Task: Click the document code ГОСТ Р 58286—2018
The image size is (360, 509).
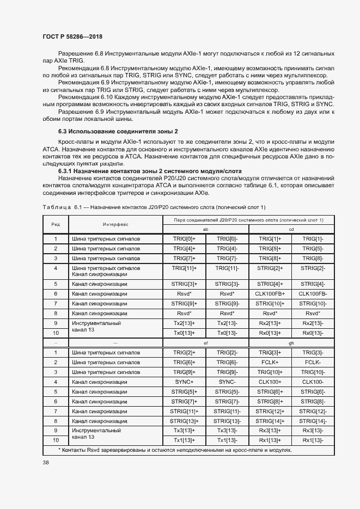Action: (x=72, y=36)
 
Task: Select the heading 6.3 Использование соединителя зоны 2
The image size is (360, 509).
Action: (x=118, y=132)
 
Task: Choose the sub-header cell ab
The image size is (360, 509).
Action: (x=205, y=229)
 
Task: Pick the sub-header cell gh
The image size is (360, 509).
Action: (x=291, y=344)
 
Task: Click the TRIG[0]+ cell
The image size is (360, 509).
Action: (x=184, y=239)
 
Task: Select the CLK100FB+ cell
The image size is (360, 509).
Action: (x=270, y=293)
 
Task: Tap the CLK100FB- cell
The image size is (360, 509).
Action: (x=313, y=293)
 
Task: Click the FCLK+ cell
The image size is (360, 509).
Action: (x=270, y=362)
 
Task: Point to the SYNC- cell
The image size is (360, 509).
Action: (x=227, y=382)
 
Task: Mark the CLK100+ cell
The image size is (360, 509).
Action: (x=270, y=382)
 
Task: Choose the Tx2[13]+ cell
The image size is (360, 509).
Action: (x=184, y=323)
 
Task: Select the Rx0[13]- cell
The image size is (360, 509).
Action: (x=313, y=333)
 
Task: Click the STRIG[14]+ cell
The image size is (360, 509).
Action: (x=270, y=421)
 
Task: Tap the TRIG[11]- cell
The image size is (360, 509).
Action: (x=227, y=268)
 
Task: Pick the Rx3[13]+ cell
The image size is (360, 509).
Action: (x=270, y=431)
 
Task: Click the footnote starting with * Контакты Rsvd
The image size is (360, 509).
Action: (x=174, y=450)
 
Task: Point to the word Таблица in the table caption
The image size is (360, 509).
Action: (x=57, y=208)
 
